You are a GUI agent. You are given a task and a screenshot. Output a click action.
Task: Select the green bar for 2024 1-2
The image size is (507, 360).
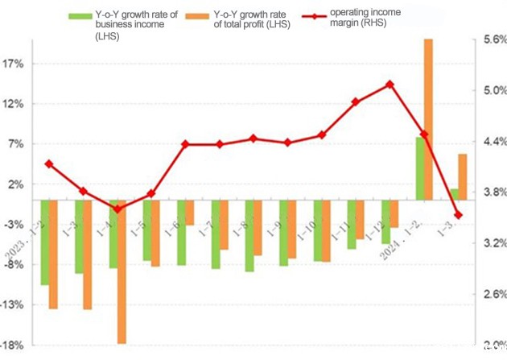pos(419,168)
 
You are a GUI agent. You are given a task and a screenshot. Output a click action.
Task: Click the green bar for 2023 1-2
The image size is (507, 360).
pos(45,242)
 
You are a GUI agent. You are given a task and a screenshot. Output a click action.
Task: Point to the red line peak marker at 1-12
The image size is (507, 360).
pos(390,84)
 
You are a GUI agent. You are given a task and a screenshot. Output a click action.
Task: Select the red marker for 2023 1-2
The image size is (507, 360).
pos(49,163)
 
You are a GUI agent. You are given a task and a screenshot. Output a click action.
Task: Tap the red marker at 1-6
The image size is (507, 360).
pos(185,144)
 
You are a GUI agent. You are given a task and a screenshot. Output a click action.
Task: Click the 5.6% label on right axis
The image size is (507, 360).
pos(494,39)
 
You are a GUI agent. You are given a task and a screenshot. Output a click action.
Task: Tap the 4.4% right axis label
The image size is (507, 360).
pos(494,142)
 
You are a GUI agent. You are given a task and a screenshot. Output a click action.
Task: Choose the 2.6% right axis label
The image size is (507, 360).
pos(494,295)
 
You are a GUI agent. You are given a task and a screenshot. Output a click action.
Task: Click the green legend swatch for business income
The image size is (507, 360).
pos(80,15)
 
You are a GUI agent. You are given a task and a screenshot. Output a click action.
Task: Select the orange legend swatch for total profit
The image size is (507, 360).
pos(198,15)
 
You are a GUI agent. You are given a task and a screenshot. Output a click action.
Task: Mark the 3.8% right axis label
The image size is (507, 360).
pos(494,192)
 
